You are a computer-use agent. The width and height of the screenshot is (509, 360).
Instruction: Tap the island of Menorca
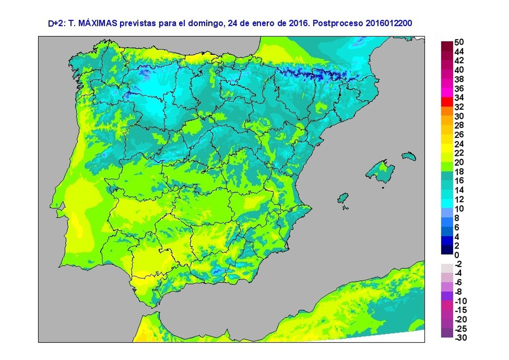click(x=408, y=156)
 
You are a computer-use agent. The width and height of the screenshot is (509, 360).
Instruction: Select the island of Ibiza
click(x=342, y=198)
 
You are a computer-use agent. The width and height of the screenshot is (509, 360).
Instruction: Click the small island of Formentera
click(x=346, y=207)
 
